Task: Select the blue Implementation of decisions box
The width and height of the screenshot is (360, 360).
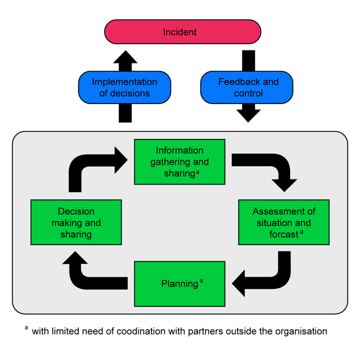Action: (124, 87)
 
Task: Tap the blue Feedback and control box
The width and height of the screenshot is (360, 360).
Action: (247, 87)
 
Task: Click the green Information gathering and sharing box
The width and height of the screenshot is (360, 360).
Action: (179, 162)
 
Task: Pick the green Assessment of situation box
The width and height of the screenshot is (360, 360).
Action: (284, 222)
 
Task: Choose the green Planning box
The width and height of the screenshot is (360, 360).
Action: (179, 284)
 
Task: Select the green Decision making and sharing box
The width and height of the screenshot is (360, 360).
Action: (76, 223)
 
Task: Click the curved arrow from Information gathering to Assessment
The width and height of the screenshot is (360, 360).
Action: (271, 166)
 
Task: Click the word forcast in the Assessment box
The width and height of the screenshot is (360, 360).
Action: (283, 234)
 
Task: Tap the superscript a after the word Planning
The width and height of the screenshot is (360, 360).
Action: (201, 281)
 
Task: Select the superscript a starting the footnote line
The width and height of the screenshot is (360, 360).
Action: (26, 328)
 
